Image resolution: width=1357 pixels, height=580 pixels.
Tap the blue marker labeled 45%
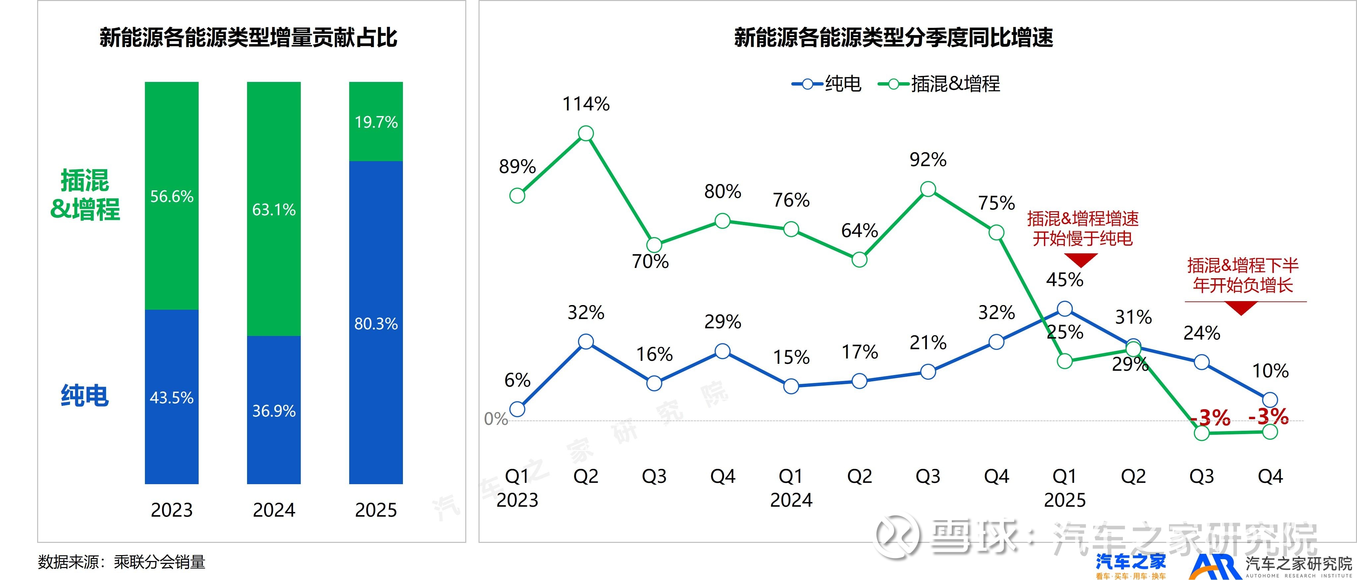[x=1065, y=309]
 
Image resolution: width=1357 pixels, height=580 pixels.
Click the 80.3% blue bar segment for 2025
[x=376, y=322]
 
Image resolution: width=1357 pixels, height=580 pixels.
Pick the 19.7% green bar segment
[x=376, y=122]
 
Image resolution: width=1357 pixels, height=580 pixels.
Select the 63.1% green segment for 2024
[x=273, y=209]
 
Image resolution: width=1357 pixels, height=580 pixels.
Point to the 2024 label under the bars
[x=273, y=510]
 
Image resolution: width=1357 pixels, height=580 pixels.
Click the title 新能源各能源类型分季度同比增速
[x=893, y=38]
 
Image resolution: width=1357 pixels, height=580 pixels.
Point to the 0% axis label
[x=496, y=419]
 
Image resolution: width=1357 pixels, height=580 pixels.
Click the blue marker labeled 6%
[x=517, y=409]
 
